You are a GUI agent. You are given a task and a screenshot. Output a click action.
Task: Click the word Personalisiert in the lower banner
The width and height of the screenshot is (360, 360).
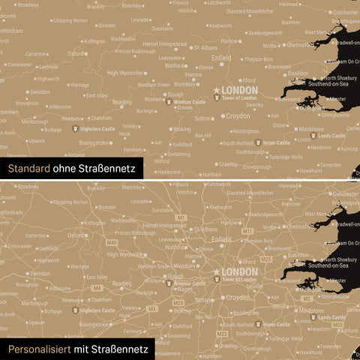[41, 349]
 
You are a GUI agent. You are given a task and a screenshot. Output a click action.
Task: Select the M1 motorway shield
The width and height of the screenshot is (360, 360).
[181, 217]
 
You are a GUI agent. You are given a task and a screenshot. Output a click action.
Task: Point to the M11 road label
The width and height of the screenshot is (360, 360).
[248, 232]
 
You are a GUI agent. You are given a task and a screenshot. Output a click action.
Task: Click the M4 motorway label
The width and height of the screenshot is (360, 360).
[97, 288]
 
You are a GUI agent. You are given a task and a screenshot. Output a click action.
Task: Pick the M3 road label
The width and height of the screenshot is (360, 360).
[153, 307]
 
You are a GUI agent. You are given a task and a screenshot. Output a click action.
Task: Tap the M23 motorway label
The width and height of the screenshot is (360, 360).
[221, 334]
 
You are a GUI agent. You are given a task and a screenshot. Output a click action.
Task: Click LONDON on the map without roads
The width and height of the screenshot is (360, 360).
[240, 90]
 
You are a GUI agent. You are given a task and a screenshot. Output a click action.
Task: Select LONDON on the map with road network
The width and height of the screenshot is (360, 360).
[240, 271]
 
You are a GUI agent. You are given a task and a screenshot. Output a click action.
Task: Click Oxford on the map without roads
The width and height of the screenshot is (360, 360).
[76, 54]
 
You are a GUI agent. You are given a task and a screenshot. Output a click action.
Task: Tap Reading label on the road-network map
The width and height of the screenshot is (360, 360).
[121, 283]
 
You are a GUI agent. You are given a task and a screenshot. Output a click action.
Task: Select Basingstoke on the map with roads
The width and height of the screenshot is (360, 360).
[94, 324]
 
